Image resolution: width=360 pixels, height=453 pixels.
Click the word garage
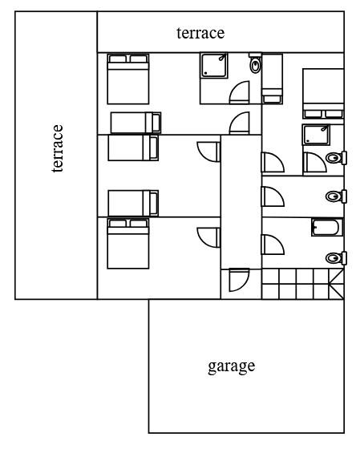pyautogui.click(x=232, y=367)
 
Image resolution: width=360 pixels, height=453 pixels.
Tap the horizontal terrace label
pyautogui.click(x=200, y=33)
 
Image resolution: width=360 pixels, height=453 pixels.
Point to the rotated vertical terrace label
pyautogui.click(x=58, y=148)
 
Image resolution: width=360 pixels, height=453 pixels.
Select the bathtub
pyautogui.click(x=327, y=228)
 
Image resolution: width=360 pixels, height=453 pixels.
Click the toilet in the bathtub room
pyautogui.click(x=336, y=257)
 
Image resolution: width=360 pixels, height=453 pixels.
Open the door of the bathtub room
pyautogui.click(x=273, y=245)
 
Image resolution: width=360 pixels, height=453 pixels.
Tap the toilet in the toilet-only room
pyautogui.click(x=336, y=196)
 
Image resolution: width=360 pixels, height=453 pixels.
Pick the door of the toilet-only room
pyautogui.click(x=273, y=196)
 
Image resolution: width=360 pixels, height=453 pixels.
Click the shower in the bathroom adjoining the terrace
pyautogui.click(x=214, y=65)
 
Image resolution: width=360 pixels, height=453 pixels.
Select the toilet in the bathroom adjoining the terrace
pyautogui.click(x=256, y=63)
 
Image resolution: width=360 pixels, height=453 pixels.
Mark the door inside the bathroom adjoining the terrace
pyautogui.click(x=239, y=92)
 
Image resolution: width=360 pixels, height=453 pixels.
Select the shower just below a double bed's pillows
pyautogui.click(x=316, y=135)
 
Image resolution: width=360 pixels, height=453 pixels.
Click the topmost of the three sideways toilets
pyautogui.click(x=336, y=158)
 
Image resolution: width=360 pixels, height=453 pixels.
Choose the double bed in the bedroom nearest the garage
pyautogui.click(x=128, y=244)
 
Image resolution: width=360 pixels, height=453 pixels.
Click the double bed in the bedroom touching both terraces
pyautogui.click(x=128, y=79)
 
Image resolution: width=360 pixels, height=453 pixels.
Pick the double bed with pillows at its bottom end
pyautogui.click(x=323, y=94)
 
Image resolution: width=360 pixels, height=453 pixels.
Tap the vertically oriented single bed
pyautogui.click(x=272, y=79)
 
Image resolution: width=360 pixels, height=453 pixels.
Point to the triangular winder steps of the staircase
pyautogui.click(x=337, y=284)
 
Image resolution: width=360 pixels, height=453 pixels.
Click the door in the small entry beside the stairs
pyautogui.click(x=239, y=280)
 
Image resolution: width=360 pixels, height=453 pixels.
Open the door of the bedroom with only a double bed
pyautogui.click(x=208, y=237)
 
